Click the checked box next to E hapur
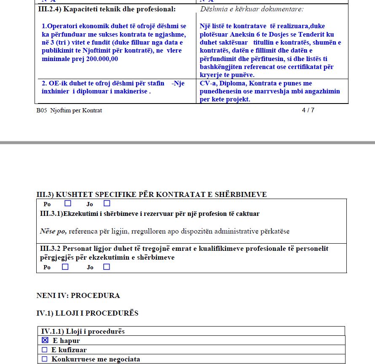tap(45, 340)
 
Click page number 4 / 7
tap(308, 110)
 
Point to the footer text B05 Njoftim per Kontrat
tap(69, 111)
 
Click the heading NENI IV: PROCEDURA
tap(78, 295)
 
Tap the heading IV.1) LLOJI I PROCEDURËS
tap(87, 313)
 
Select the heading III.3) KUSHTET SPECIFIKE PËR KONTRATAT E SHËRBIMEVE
tap(151, 194)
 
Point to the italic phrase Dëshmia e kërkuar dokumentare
tap(252, 9)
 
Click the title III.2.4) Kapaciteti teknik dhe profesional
tap(107, 9)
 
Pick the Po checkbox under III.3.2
tap(65, 267)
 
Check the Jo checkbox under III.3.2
tap(107, 267)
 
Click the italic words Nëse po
tap(53, 231)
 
